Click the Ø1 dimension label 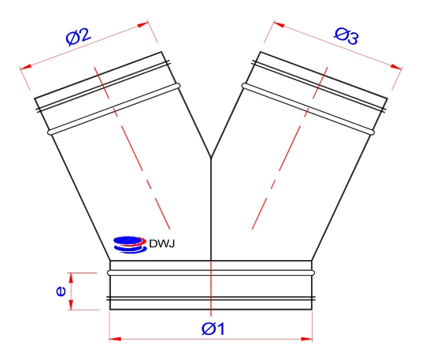213,328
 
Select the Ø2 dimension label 79,36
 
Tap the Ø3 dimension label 346,36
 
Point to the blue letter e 61,291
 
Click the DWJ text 161,243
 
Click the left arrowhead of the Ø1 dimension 115,339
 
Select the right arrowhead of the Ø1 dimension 306,339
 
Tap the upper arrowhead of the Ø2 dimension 143,24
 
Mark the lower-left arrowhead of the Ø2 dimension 26,66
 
